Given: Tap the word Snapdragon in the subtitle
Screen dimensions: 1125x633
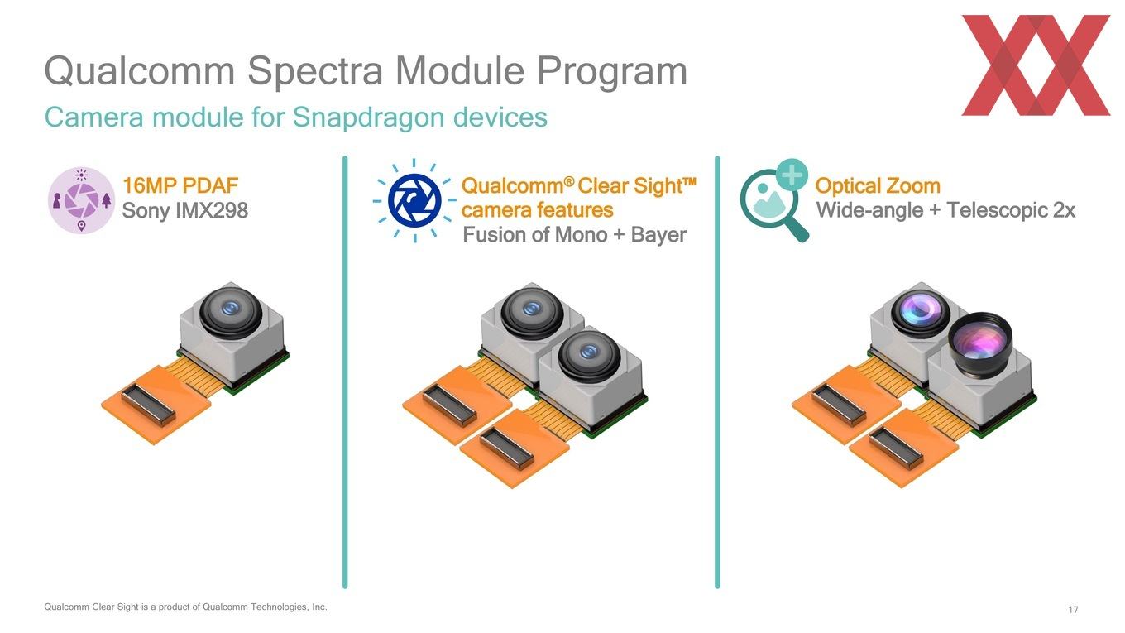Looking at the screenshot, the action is click(x=369, y=118).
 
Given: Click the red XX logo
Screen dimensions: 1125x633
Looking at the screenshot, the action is click(x=1036, y=65).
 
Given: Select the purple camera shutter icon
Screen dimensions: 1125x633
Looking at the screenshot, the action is click(x=81, y=200).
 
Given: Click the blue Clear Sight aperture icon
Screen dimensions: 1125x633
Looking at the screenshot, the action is click(x=415, y=200).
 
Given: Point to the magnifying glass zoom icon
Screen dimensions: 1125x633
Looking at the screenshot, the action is click(x=774, y=200).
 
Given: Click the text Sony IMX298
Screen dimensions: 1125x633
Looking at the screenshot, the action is click(x=184, y=210).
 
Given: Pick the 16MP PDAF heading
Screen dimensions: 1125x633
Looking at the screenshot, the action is click(x=180, y=185).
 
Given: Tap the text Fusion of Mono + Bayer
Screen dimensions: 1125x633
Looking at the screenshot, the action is click(x=574, y=235).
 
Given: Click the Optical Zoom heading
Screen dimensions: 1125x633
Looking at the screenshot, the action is click(x=878, y=186).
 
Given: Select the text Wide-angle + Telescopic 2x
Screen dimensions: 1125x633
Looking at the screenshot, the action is click(x=945, y=210).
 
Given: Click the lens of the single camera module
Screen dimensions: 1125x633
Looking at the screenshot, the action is click(x=231, y=311).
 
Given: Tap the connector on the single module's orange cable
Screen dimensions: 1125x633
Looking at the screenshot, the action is click(x=149, y=405).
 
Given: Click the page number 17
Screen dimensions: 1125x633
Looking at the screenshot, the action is click(x=1073, y=609).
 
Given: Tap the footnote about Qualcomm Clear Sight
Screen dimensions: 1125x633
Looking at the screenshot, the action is click(x=185, y=607).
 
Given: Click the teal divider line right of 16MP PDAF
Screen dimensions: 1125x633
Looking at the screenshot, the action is click(x=345, y=372).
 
